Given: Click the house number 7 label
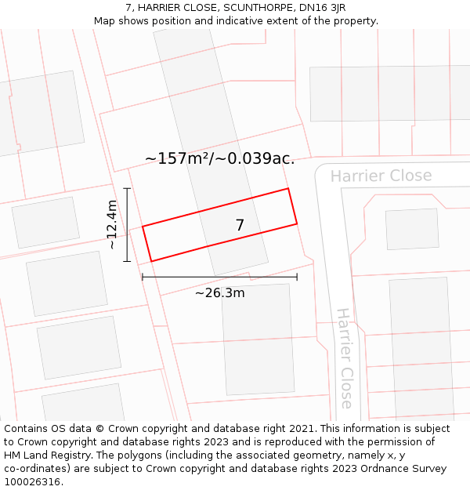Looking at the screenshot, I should pos(240,226).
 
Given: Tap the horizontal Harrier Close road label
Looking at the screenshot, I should pos(381,176).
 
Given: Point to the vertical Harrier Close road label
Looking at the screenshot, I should pos(345,358).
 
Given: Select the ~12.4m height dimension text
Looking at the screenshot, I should pos(112,225).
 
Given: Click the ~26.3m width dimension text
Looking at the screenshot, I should pos(219,293).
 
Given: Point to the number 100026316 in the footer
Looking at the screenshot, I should pos(31,482).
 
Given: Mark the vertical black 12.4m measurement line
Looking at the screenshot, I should pos(127,225).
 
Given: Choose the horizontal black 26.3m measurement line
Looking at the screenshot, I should pos(219,277).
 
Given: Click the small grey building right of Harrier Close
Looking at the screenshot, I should pos(412,230).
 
